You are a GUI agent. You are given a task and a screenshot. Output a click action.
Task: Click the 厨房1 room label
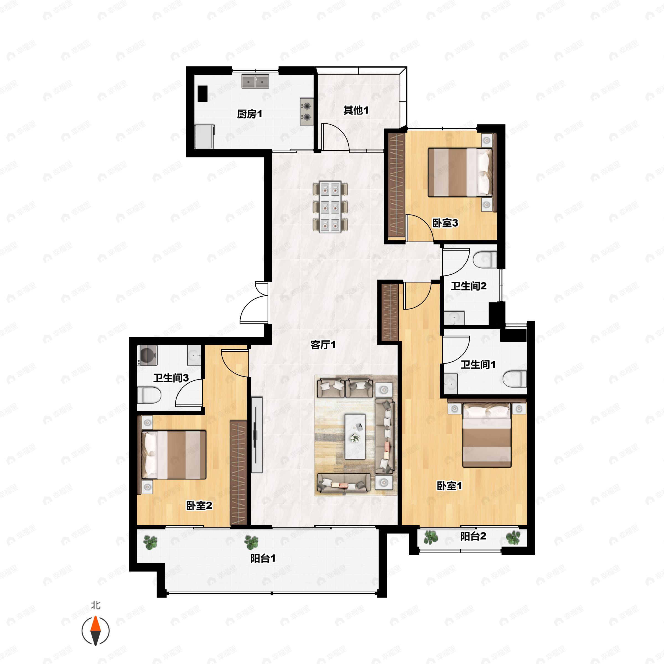(250, 114)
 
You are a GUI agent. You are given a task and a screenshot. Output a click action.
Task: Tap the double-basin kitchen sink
(255, 81)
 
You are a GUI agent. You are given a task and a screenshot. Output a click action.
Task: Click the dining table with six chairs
(330, 207)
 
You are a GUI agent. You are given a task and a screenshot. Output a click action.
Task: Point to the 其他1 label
(356, 110)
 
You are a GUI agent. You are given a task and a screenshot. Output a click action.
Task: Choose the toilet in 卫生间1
(515, 379)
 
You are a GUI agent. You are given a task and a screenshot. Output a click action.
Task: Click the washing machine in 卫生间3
(148, 355)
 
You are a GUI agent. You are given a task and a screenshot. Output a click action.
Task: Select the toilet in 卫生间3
(149, 395)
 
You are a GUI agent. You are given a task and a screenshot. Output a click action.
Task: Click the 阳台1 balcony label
(263, 559)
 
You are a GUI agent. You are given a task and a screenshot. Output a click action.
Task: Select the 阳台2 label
(473, 536)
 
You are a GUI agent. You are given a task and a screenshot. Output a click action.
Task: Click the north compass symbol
(95, 631)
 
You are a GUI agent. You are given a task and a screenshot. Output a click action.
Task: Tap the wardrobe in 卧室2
(238, 473)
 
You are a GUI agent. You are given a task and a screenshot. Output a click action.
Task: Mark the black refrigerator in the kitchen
(203, 93)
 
